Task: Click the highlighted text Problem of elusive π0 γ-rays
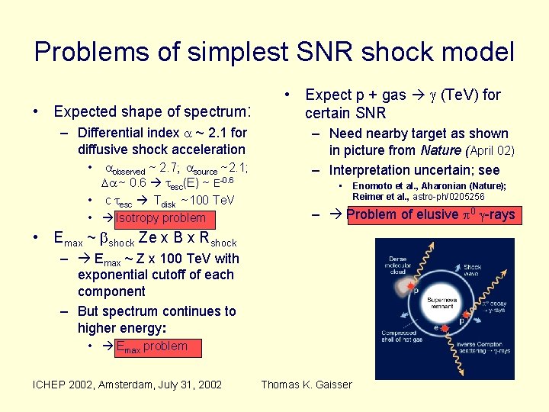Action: tap(431, 214)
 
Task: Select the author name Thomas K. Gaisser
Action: tap(307, 385)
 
